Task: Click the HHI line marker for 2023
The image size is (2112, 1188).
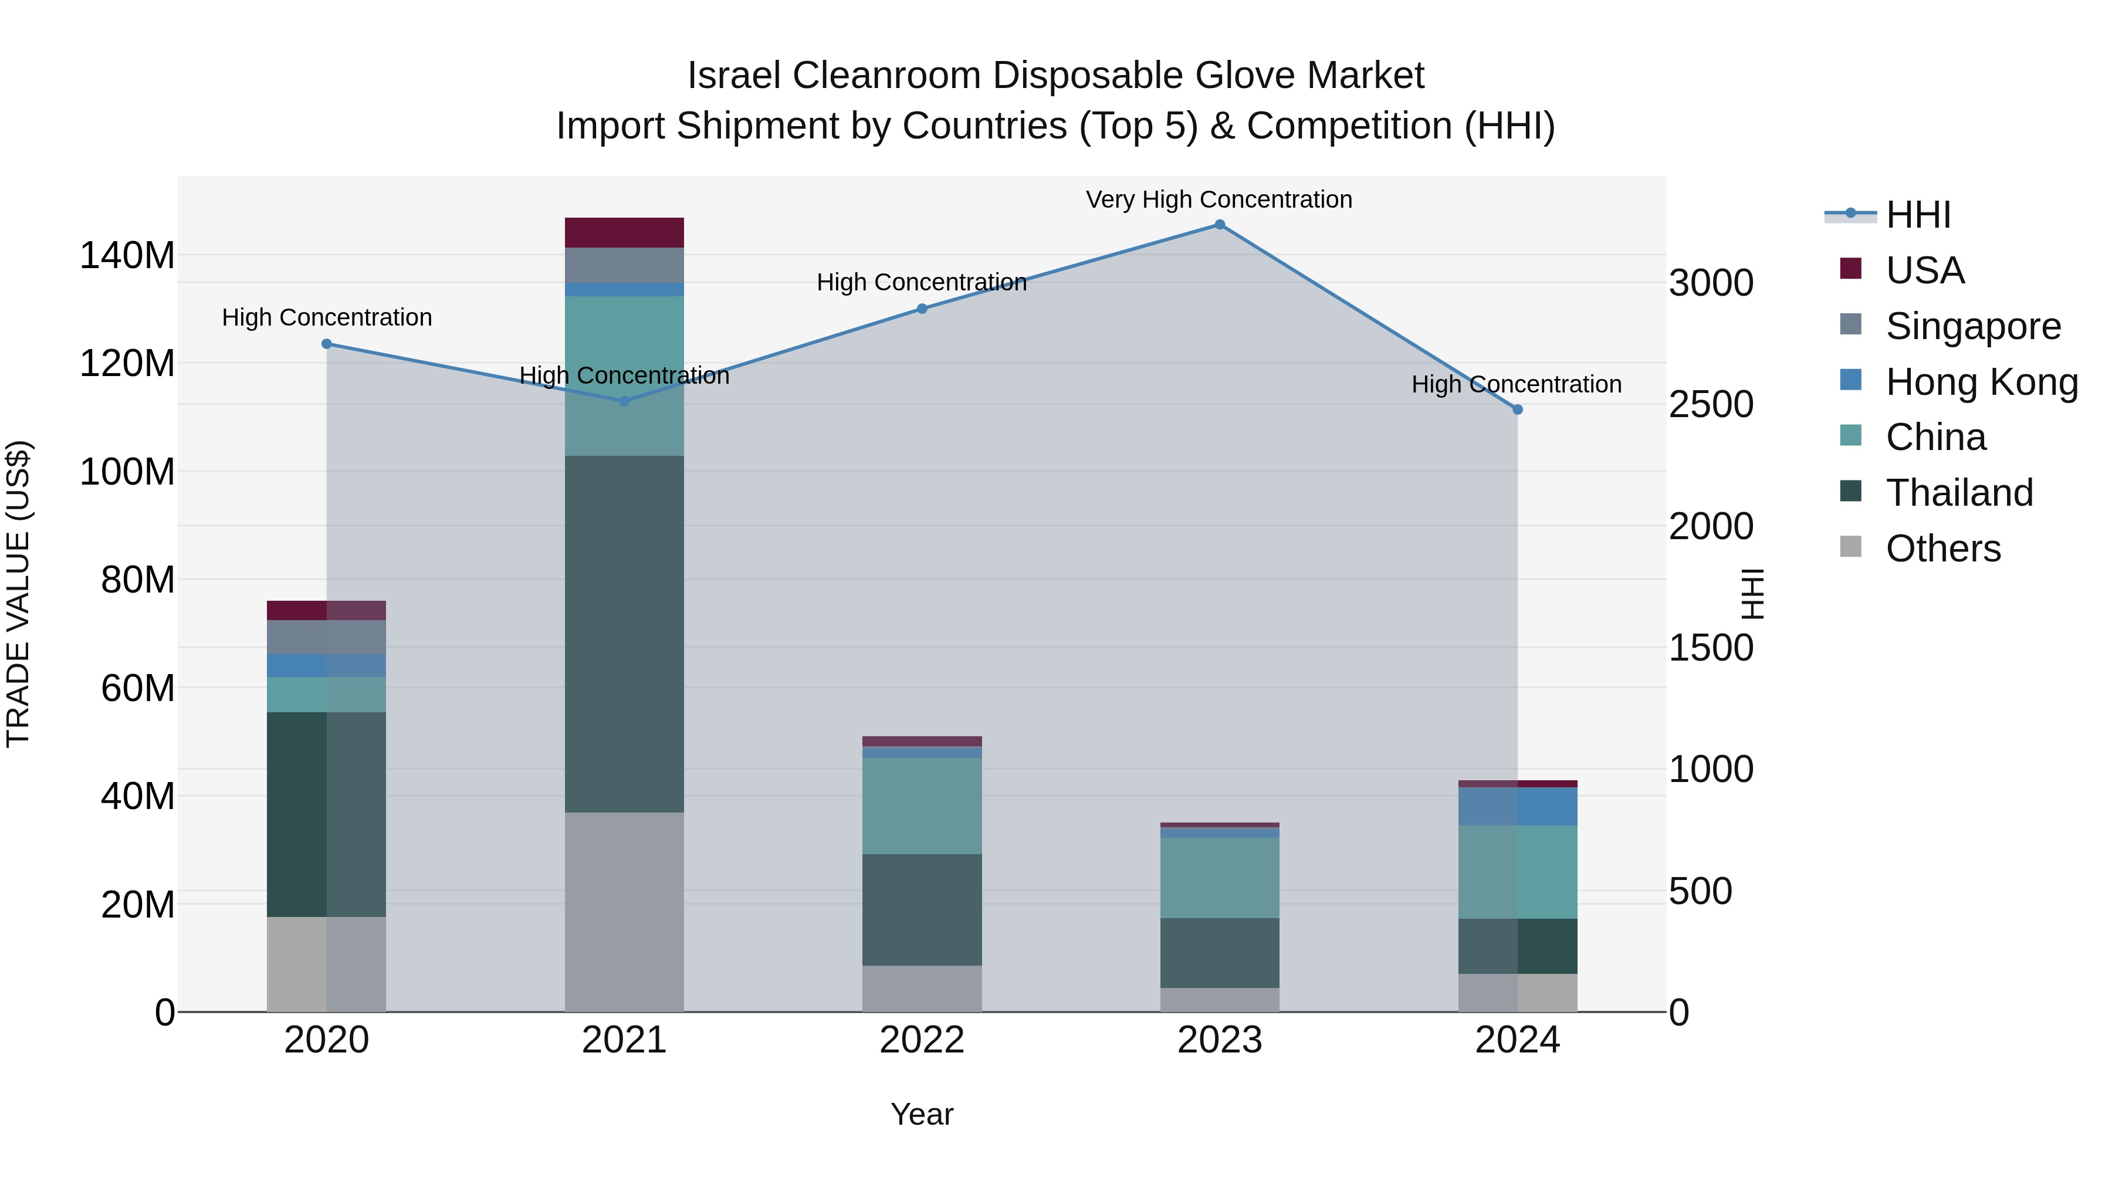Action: point(1219,225)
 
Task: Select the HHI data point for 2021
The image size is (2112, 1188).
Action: point(624,401)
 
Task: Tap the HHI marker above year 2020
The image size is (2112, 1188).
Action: point(326,344)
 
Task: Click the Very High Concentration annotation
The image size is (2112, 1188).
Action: point(1219,200)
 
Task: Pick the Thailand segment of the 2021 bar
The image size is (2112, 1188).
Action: point(624,634)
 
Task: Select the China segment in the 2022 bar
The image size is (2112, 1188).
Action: point(922,806)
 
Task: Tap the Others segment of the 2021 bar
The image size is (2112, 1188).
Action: point(624,912)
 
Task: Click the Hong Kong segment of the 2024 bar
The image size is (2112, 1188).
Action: point(1518,806)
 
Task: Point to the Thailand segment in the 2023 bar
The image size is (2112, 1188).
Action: point(1219,953)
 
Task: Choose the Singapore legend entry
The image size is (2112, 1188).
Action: point(1972,326)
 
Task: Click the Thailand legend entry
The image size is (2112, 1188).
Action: point(1959,493)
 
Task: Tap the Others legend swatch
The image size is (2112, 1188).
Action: point(1850,547)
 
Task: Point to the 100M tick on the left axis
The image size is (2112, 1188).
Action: point(127,472)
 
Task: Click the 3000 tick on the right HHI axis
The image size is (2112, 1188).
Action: point(1711,284)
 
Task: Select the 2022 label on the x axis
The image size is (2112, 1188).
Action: point(922,1040)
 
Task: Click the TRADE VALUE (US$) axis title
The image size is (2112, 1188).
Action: point(18,594)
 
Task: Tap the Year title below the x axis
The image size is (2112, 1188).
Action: point(922,1114)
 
